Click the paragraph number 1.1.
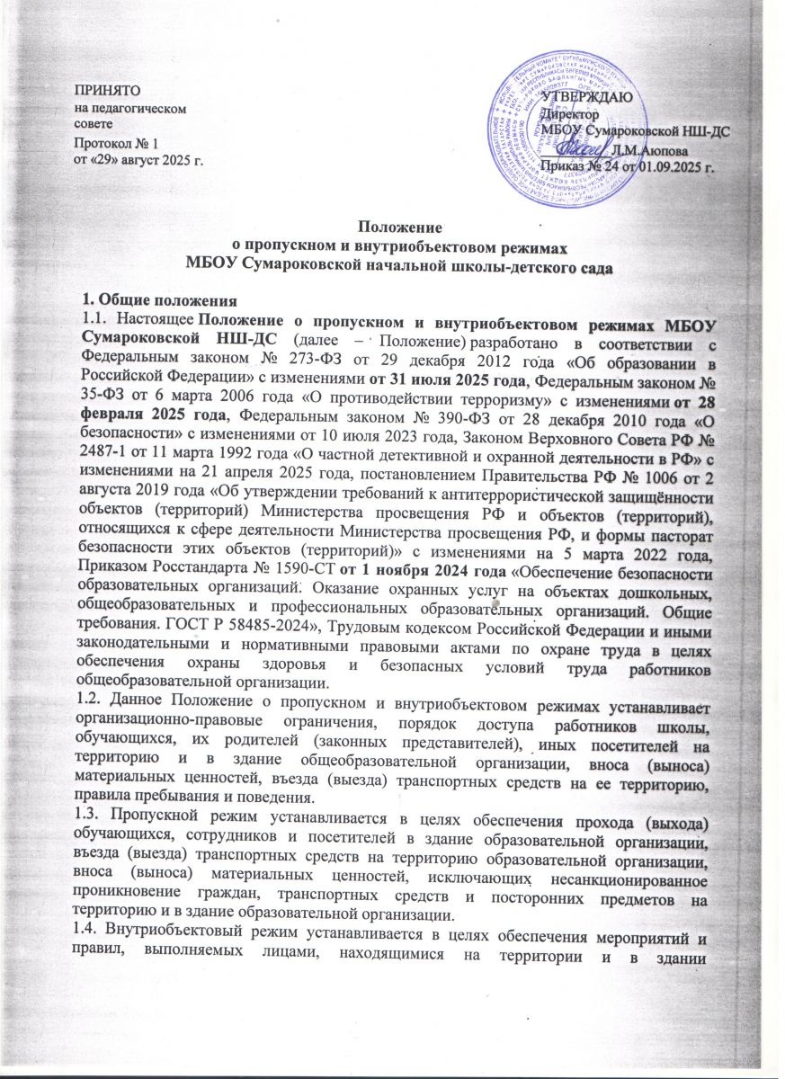[x=88, y=296]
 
